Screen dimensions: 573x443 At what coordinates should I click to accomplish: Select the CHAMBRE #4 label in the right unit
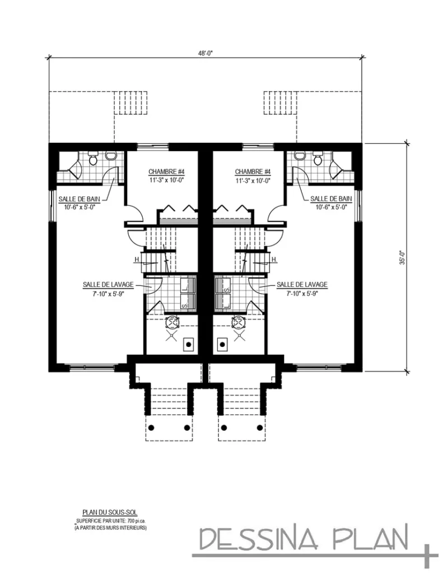pyautogui.click(x=253, y=172)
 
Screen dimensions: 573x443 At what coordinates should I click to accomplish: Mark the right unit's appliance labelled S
pyautogui.click(x=226, y=290)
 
